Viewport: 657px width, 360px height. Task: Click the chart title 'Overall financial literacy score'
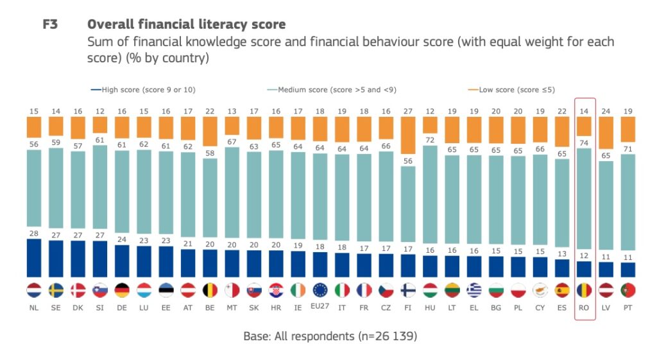pos(186,24)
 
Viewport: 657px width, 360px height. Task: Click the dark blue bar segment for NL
pos(34,258)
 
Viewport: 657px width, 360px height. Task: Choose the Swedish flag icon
pos(56,290)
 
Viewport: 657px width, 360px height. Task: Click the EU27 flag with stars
pos(320,290)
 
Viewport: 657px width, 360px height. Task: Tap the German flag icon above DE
pos(123,290)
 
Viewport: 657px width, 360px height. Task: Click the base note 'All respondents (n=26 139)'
pos(334,336)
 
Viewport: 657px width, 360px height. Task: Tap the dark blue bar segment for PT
pos(629,270)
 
